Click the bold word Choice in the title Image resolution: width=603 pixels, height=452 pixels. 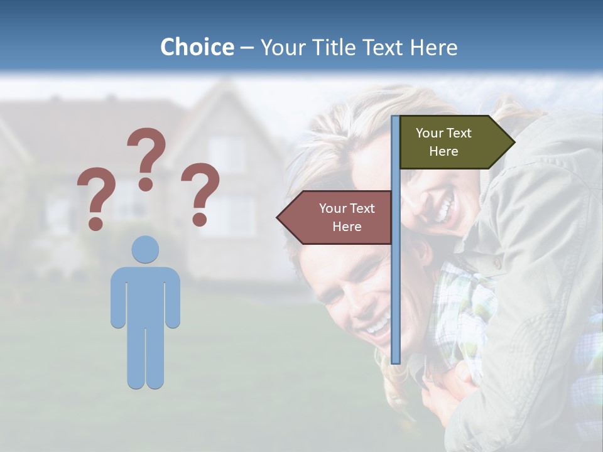197,47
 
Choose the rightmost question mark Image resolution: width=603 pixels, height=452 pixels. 201,193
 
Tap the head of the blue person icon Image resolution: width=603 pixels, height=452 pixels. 145,249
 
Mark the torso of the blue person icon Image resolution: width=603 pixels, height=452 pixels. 145,295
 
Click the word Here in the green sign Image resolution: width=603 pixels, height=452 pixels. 443,151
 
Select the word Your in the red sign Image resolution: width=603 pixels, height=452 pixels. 332,208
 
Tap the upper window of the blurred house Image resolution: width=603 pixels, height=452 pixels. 227,154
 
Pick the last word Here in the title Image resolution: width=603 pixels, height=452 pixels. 433,47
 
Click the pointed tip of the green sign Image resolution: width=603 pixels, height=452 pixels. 513,142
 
